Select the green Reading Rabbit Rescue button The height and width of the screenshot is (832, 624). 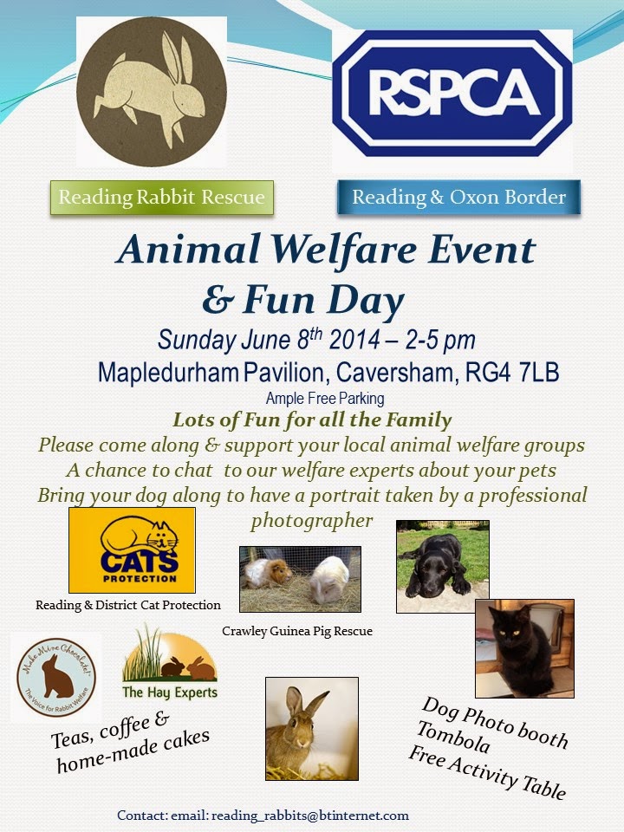tap(161, 198)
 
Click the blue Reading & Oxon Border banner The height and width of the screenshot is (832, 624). tap(458, 198)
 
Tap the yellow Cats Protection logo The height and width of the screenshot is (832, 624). tap(132, 550)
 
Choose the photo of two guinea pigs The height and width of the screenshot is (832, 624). tap(300, 579)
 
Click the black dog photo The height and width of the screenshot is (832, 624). tap(442, 565)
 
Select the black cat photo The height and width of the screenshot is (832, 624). tap(523, 647)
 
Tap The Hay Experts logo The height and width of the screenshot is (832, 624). tap(170, 666)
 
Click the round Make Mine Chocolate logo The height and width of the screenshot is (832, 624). tap(56, 678)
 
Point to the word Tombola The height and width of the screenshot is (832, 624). tap(452, 737)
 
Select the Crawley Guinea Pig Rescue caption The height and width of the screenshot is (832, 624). tap(297, 631)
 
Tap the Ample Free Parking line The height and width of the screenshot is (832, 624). tap(325, 399)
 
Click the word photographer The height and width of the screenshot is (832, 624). tap(311, 521)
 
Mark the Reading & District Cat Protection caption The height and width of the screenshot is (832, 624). tap(128, 605)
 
